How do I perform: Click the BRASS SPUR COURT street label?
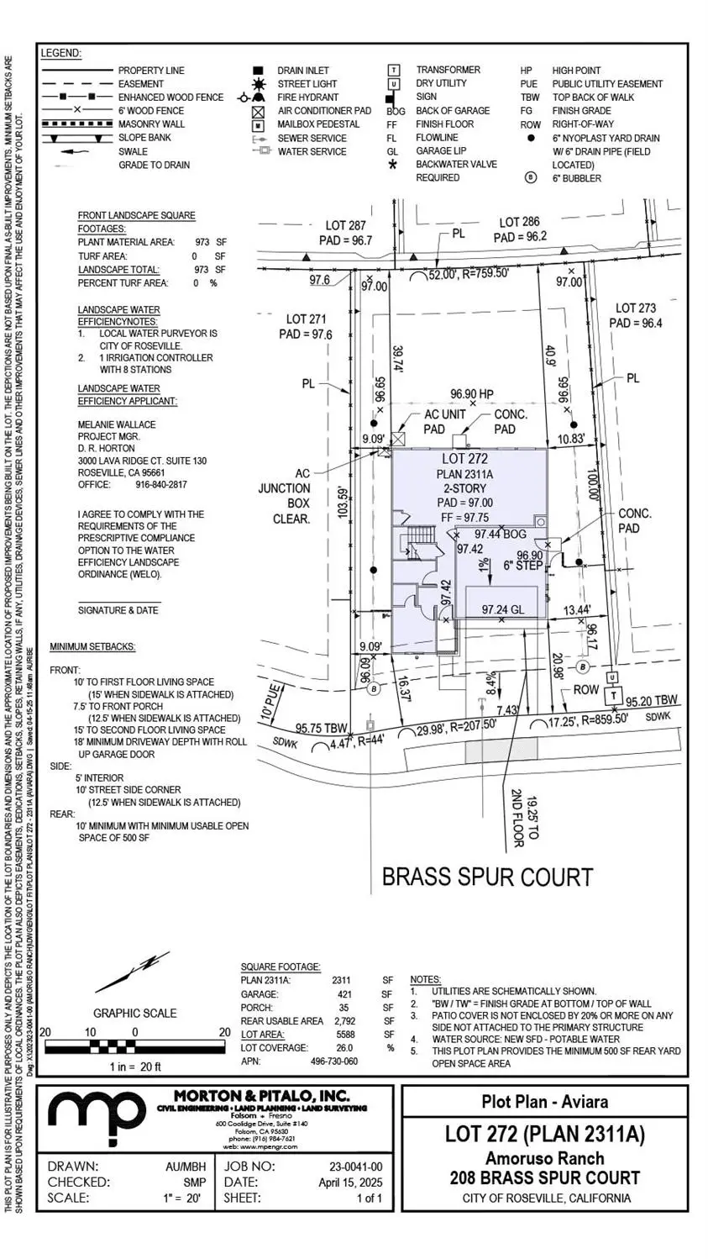pyautogui.click(x=487, y=877)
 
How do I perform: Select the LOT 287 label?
pyautogui.click(x=347, y=226)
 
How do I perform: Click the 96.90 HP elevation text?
pyautogui.click(x=472, y=393)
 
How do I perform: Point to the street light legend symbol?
pyautogui.click(x=259, y=84)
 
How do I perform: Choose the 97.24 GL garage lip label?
pyautogui.click(x=503, y=609)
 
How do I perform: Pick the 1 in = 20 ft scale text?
pyautogui.click(x=134, y=1067)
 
